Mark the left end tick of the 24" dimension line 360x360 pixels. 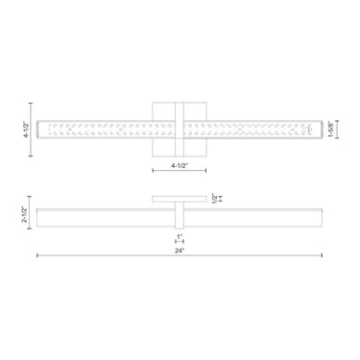(x=37, y=255)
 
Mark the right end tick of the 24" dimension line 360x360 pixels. (x=322, y=255)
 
